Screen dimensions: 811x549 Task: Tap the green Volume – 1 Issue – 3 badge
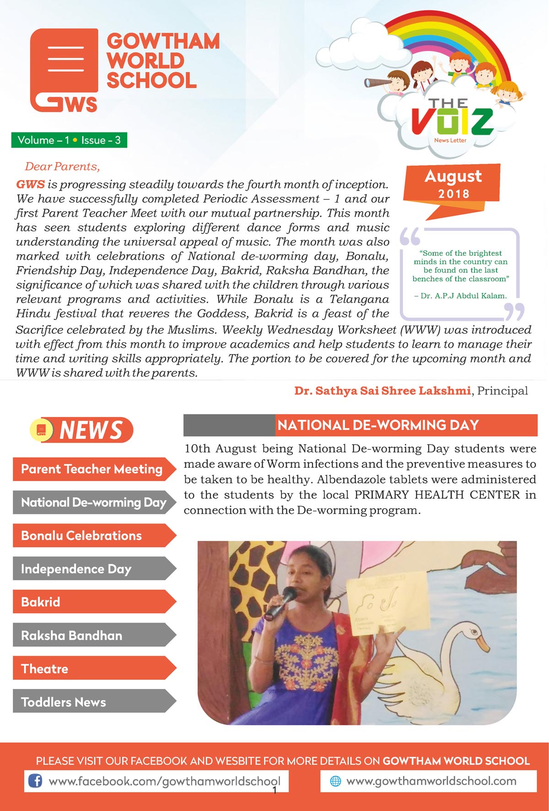[69, 140]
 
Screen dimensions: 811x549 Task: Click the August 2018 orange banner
[452, 183]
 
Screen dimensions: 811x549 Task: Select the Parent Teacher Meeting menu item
[91, 469]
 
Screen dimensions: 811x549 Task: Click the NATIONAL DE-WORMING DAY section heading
[378, 425]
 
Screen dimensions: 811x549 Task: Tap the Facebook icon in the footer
[35, 780]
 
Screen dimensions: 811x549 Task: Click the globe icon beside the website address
[335, 781]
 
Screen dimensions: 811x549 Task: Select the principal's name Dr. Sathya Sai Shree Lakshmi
[382, 391]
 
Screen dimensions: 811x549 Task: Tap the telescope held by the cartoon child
[377, 82]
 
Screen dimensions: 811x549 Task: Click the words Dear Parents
[62, 166]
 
